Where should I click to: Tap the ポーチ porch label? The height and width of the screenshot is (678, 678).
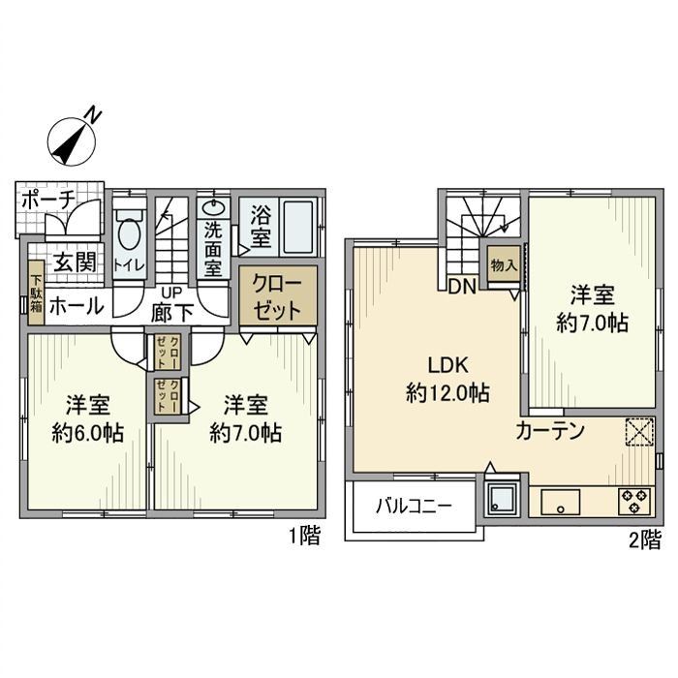coord(44,199)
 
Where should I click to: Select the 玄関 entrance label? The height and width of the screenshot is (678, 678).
coord(72,262)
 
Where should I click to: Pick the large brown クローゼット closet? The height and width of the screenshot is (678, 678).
coord(277,298)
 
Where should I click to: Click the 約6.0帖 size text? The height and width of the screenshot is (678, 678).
coord(87,433)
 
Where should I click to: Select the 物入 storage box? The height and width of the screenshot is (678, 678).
coord(502,265)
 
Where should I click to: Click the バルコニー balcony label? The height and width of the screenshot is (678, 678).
coord(414,507)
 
